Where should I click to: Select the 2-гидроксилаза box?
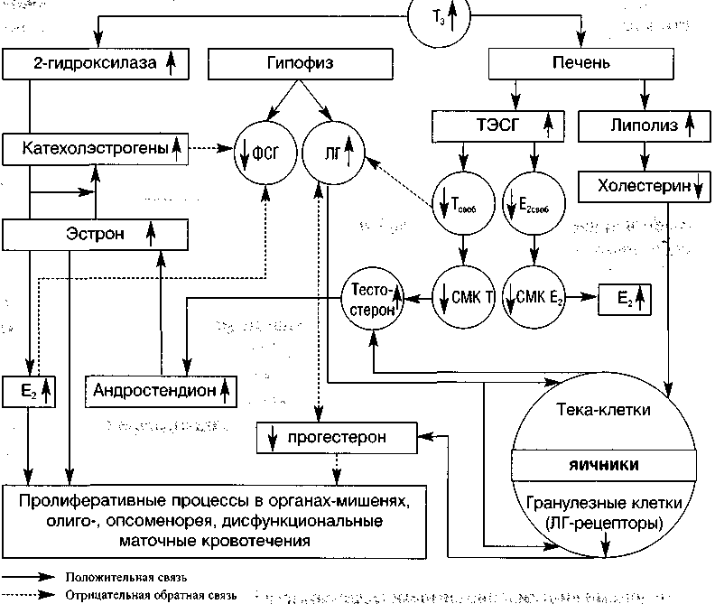click(94, 63)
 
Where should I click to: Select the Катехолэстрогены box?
click(94, 148)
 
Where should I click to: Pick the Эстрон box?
click(94, 234)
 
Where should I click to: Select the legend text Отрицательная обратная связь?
click(150, 595)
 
